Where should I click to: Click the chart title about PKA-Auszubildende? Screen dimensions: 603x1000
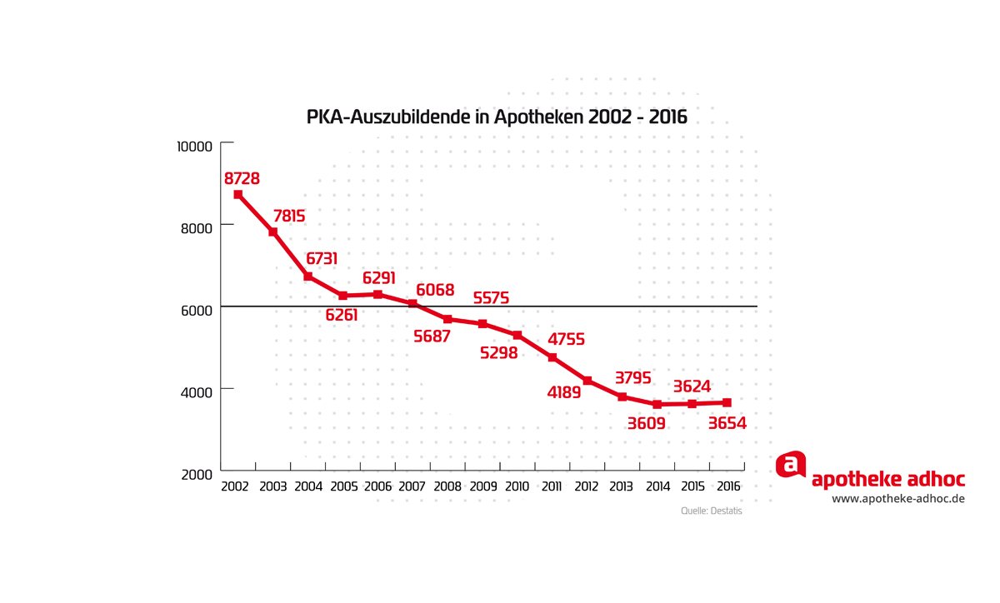(497, 117)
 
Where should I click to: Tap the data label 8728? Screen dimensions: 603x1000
(242, 178)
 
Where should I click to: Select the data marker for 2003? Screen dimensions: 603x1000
(272, 232)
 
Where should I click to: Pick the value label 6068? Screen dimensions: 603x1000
(435, 290)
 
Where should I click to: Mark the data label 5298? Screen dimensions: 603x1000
(499, 353)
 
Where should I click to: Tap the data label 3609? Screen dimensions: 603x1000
(647, 423)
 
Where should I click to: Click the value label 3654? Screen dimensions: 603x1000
(727, 423)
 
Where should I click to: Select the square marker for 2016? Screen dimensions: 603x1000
(727, 402)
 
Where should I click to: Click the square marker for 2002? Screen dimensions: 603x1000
(238, 194)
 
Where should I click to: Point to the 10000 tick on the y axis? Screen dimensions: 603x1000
(194, 146)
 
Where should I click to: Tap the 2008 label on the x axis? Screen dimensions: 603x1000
(447, 486)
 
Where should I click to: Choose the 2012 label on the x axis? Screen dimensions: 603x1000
(587, 486)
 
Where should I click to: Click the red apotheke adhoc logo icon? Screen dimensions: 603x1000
(791, 465)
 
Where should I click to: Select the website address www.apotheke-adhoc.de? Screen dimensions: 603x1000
(898, 499)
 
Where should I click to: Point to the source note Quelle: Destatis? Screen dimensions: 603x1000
(711, 511)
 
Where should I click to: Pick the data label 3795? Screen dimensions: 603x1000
(632, 378)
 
